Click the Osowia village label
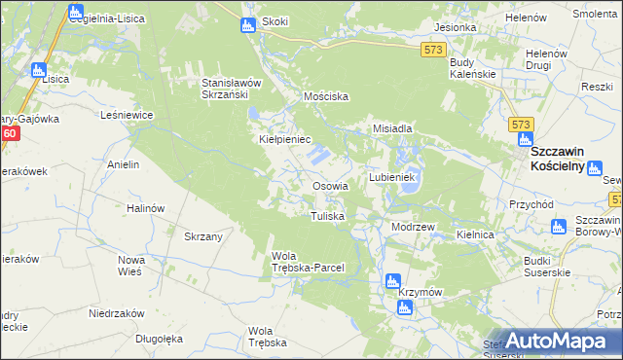click(330, 186)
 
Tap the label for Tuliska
click(327, 216)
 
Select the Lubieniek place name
click(392, 178)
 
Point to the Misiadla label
click(394, 128)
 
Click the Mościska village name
click(326, 97)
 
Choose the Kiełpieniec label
click(283, 140)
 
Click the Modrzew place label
click(412, 226)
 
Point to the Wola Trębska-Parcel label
click(307, 262)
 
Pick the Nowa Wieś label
click(130, 266)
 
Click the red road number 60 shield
click(10, 134)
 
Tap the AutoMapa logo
click(559, 342)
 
